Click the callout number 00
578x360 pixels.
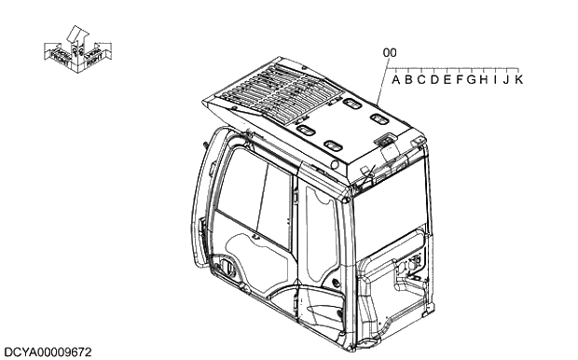pyautogui.click(x=390, y=53)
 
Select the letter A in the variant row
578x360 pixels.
pyautogui.click(x=397, y=80)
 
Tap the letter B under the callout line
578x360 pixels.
pyautogui.click(x=409, y=80)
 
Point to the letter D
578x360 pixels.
pyautogui.click(x=434, y=80)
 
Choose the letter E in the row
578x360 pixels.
pyautogui.click(x=447, y=80)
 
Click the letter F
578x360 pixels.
pyautogui.click(x=459, y=80)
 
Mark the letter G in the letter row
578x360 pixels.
pyautogui.click(x=472, y=80)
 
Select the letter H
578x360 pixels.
pyautogui.click(x=484, y=80)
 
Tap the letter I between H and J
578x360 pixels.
pyautogui.click(x=494, y=80)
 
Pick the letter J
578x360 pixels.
pyautogui.click(x=505, y=80)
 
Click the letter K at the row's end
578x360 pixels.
pyautogui.click(x=518, y=80)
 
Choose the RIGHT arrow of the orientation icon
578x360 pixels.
pyautogui.click(x=95, y=55)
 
